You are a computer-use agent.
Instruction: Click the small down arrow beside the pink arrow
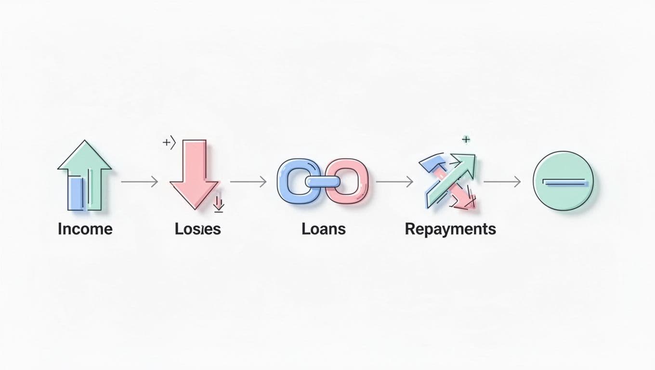(x=219, y=203)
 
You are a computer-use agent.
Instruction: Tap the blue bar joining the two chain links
(x=323, y=182)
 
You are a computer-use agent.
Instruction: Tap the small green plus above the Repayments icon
(x=465, y=140)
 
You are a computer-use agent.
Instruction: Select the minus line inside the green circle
(x=564, y=183)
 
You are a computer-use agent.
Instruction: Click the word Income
(x=85, y=229)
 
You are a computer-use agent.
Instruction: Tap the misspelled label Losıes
(x=197, y=229)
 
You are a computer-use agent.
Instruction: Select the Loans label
(x=324, y=229)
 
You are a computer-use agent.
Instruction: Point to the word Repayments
(x=450, y=229)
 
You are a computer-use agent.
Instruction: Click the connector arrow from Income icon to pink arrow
(x=140, y=182)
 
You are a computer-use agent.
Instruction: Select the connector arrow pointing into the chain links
(x=248, y=182)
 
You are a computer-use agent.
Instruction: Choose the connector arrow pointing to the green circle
(x=502, y=182)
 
